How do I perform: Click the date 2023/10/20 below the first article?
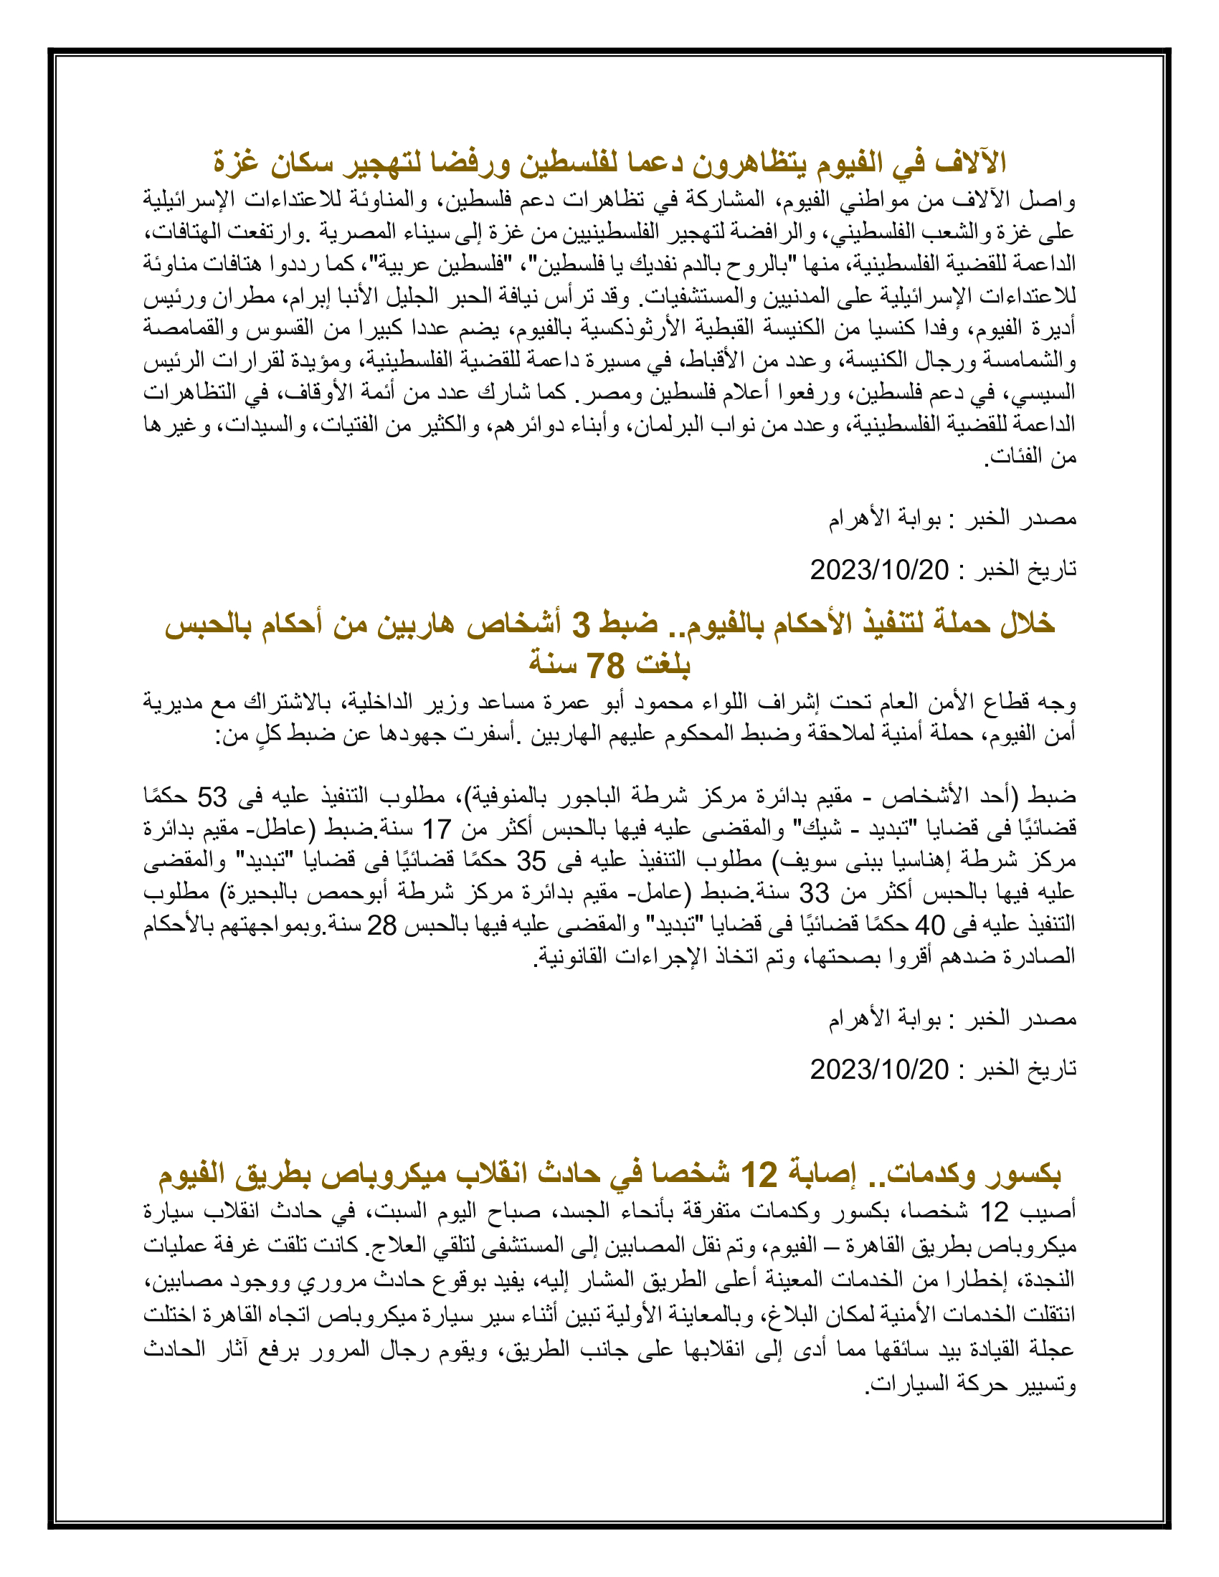pos(879,570)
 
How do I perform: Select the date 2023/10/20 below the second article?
pos(879,1069)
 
